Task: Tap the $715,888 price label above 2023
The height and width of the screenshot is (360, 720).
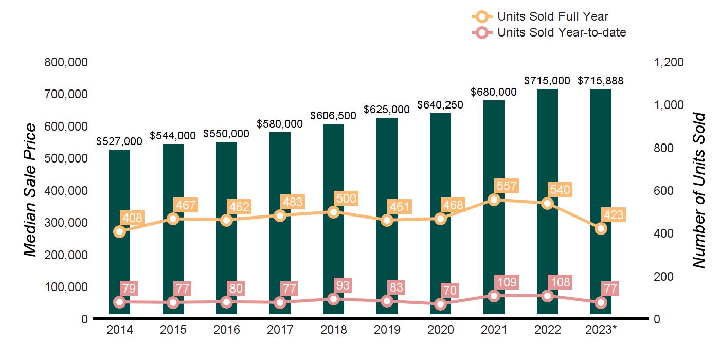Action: pyautogui.click(x=601, y=81)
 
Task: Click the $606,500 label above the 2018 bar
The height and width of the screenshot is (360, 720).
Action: pyautogui.click(x=333, y=116)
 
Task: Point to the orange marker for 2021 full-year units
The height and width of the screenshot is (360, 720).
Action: pyautogui.click(x=494, y=200)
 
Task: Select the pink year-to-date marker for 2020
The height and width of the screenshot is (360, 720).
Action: pyautogui.click(x=440, y=304)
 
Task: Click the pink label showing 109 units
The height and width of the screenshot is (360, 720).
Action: pyautogui.click(x=506, y=282)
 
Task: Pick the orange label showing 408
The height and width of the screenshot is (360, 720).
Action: pyautogui.click(x=131, y=218)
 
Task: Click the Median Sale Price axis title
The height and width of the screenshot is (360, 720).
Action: pyautogui.click(x=31, y=190)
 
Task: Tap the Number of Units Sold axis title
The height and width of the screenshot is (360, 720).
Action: pyautogui.click(x=698, y=190)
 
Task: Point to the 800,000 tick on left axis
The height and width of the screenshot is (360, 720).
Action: pyautogui.click(x=66, y=62)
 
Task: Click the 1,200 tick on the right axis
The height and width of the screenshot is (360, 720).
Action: pyautogui.click(x=669, y=62)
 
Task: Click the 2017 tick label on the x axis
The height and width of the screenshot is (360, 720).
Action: pyautogui.click(x=280, y=330)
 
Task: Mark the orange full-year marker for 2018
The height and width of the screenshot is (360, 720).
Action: pyautogui.click(x=333, y=212)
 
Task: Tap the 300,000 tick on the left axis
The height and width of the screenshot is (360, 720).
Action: pyautogui.click(x=66, y=223)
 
